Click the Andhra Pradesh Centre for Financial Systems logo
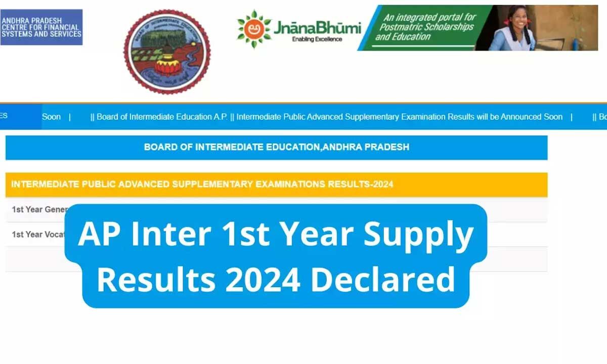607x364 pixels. (x=41, y=27)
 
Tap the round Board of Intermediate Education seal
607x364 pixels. (x=167, y=52)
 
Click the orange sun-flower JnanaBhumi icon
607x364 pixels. (x=254, y=28)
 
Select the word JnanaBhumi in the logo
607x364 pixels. (x=317, y=27)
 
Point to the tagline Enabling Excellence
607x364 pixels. (x=317, y=39)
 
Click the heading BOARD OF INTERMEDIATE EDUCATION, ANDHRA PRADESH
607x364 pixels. (x=276, y=147)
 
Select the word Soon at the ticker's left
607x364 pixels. (x=51, y=117)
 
